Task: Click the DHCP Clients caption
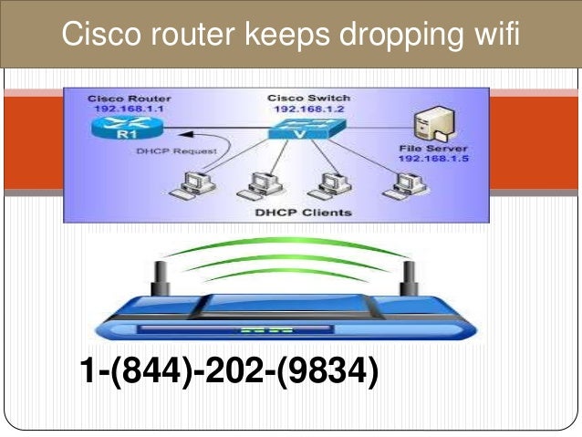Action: (291, 213)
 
